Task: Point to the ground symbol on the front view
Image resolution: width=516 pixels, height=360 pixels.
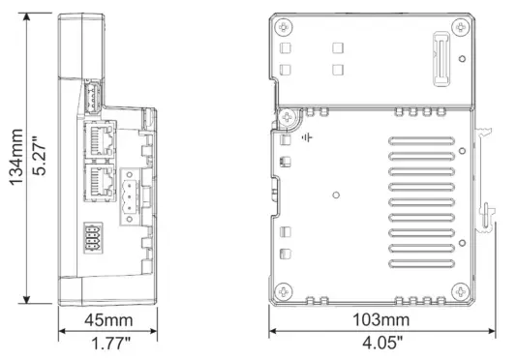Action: coord(308,138)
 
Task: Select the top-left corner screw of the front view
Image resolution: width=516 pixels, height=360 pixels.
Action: coord(282,26)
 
